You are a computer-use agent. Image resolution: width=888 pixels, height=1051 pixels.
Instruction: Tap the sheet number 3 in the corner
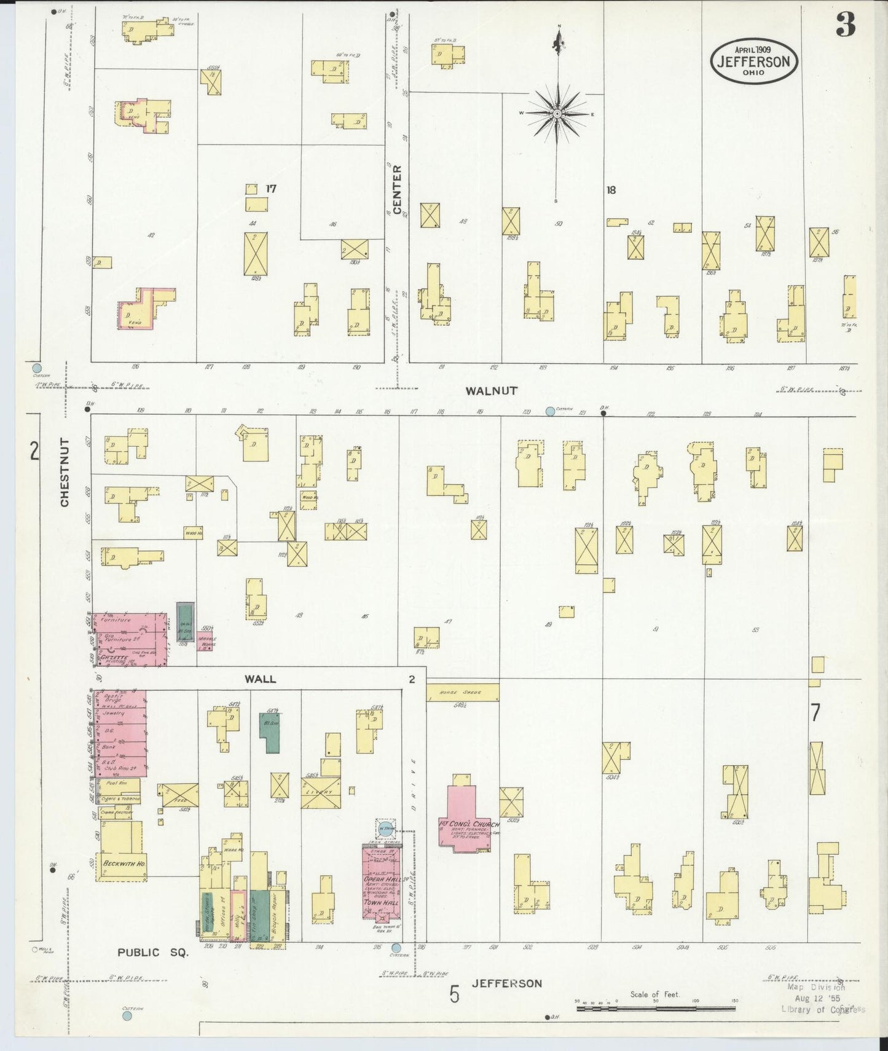[x=846, y=26]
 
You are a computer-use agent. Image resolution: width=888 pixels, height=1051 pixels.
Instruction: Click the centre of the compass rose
[x=557, y=114]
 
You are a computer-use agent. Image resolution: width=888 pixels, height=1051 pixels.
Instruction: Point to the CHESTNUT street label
[x=65, y=473]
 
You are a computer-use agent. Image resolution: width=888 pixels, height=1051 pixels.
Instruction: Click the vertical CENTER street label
[x=397, y=190]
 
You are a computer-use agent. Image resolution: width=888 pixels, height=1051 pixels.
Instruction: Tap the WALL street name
[x=261, y=679]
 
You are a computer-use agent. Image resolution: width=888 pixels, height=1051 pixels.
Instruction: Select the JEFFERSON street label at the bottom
[x=507, y=983]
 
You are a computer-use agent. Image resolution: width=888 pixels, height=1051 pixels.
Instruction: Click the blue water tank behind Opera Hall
[x=385, y=829]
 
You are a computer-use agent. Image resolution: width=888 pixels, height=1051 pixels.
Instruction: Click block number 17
[x=270, y=189]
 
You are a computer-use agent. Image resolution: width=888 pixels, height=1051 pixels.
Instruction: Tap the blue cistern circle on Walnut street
[x=550, y=411]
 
